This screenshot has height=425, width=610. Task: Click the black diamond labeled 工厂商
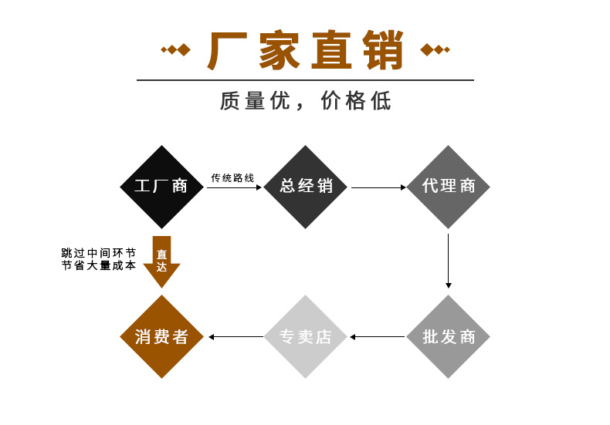point(161,187)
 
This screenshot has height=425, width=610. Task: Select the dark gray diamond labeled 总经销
point(306,187)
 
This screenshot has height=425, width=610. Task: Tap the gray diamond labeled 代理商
point(449,187)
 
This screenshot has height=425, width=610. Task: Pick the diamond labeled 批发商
point(449,336)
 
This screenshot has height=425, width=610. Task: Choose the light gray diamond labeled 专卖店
point(306,336)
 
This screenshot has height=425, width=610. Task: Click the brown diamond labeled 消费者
point(161,336)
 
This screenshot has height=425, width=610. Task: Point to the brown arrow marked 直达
point(161,261)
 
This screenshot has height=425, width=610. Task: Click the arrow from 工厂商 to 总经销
point(234,187)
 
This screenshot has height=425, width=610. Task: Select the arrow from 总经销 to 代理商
point(378,187)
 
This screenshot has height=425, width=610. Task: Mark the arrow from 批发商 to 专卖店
point(378,336)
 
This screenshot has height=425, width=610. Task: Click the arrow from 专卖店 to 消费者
point(236,336)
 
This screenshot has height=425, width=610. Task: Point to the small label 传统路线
point(232,178)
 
